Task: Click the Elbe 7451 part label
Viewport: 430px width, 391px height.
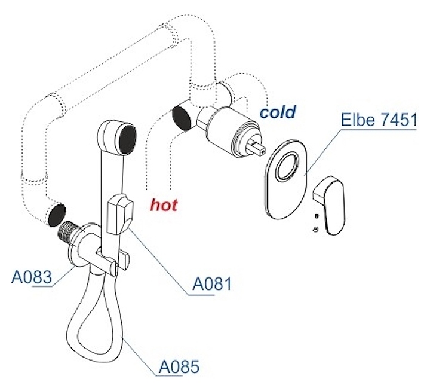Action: click(x=379, y=120)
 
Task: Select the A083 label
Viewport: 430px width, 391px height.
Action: click(x=32, y=277)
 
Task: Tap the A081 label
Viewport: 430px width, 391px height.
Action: click(x=212, y=283)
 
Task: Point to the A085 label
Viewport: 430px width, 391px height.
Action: click(x=179, y=366)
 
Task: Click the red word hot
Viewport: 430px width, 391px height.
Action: click(x=164, y=204)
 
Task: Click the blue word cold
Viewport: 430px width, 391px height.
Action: click(x=278, y=112)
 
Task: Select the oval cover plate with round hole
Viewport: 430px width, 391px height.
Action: click(x=285, y=179)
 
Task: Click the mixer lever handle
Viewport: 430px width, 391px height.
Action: click(x=330, y=204)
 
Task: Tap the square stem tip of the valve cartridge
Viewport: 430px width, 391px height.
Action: click(x=256, y=147)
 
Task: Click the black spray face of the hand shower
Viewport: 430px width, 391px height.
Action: click(x=128, y=139)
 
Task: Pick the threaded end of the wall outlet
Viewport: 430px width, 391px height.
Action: click(x=64, y=230)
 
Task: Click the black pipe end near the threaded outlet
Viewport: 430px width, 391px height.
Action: click(x=57, y=215)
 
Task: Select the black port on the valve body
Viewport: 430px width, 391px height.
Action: click(x=182, y=118)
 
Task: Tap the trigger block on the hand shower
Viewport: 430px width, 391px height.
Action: click(x=120, y=214)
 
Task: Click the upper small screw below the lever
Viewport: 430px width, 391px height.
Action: click(x=317, y=216)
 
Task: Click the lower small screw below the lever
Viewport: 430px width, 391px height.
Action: click(x=316, y=229)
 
